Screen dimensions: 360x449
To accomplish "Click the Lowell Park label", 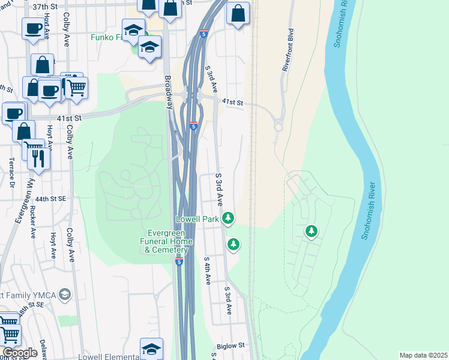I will coord(197,220).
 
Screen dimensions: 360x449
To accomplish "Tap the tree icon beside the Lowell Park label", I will coord(228,217).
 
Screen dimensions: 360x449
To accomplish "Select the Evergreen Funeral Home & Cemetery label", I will coord(170,241).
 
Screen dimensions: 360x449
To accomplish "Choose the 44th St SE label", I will coord(50,199).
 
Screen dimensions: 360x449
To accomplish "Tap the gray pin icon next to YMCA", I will coord(65,294).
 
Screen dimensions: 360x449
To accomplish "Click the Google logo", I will coord(20,353).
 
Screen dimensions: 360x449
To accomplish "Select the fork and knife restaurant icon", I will coord(38,158).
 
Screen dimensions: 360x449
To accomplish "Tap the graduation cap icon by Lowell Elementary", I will coord(151,348).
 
